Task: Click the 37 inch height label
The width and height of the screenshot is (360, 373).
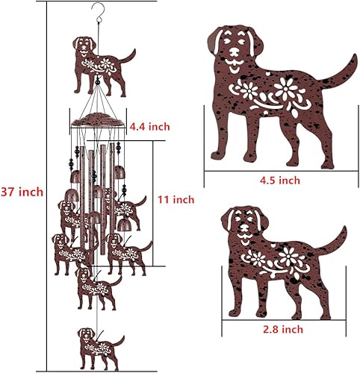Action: [x=22, y=192]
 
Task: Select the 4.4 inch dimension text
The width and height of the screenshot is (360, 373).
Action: [x=149, y=127]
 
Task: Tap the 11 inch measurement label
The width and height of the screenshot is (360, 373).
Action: [x=176, y=199]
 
